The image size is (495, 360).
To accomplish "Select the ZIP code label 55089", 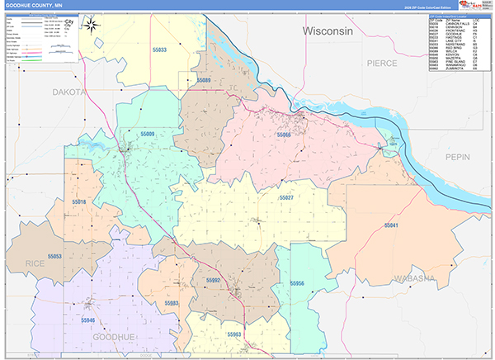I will pos(204,80).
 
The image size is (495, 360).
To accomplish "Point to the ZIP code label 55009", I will pos(148,133).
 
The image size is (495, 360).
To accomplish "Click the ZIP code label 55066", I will pos(284,134).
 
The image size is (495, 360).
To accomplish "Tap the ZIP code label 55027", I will pos(286,198).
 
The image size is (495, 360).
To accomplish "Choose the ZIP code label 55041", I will pos(391,225).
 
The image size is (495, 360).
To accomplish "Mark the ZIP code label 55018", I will pos(79,201).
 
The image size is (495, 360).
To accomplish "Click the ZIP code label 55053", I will pos(54,257).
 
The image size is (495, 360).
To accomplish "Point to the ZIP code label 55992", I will pos(213,281).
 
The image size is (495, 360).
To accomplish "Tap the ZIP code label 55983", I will pos(172,303).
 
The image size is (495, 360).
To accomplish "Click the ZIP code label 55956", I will pos(296,283).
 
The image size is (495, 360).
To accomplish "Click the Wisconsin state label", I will pos(328,31).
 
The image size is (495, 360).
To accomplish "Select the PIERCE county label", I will pos(382,63).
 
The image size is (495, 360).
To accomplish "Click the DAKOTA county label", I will pos(69,93).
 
